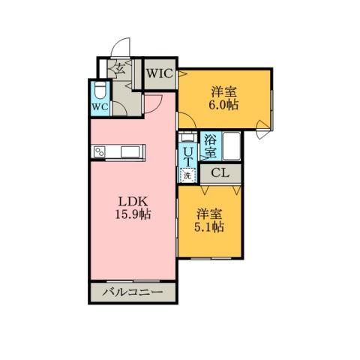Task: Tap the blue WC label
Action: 100,106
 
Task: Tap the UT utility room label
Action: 187,155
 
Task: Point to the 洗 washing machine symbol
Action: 187,175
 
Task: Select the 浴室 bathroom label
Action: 211,145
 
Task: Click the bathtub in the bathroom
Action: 231,145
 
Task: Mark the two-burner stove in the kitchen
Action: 101,153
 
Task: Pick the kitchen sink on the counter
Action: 130,153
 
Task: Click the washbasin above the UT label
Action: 187,138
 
